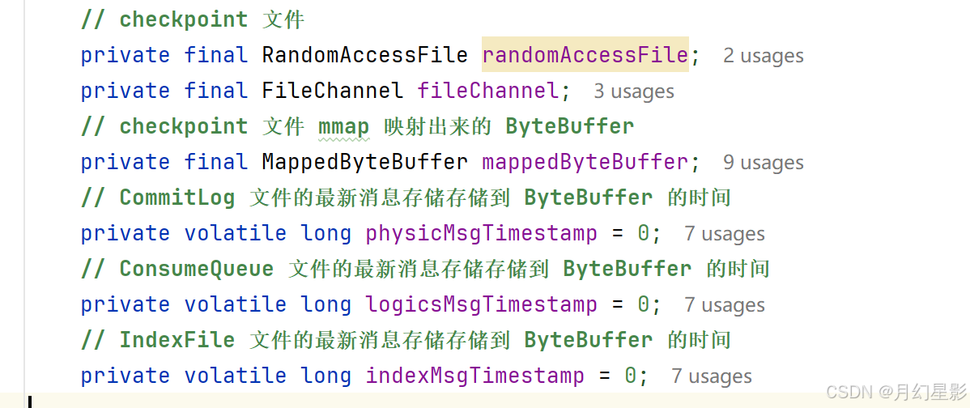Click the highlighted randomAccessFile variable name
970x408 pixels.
584,55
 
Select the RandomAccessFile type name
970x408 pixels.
364,55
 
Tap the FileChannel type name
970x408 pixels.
332,91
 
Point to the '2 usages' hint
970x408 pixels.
764,56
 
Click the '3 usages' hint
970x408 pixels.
634,91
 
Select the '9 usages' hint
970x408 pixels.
764,163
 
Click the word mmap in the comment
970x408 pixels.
343,126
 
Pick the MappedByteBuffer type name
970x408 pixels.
364,162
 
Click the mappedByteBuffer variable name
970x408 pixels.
585,162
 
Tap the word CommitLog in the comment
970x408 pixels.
177,198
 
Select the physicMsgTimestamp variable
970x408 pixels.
481,233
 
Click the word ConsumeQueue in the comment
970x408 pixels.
197,269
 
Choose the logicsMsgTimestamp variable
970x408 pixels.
481,304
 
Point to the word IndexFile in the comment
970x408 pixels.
177,340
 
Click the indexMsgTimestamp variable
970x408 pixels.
474,376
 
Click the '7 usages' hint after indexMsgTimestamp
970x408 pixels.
712,376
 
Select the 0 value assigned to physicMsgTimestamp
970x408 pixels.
643,233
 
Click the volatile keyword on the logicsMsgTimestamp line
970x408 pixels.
236,304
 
